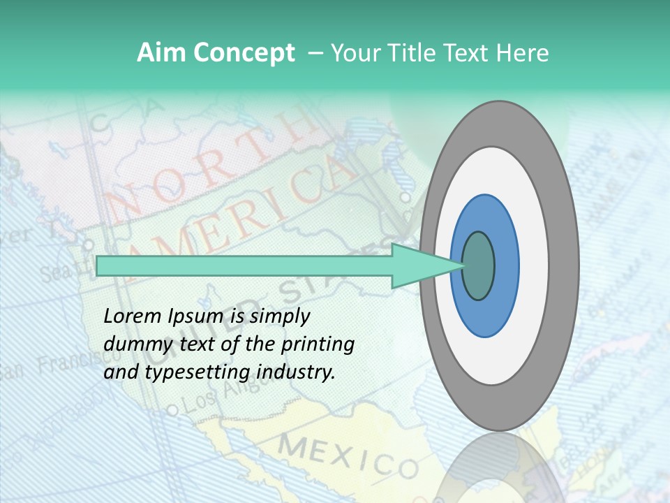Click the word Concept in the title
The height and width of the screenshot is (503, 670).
tap(244, 53)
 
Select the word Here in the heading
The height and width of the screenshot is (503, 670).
tap(522, 53)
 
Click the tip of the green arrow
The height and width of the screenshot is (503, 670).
tap(463, 265)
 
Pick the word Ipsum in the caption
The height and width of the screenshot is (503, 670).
tap(195, 317)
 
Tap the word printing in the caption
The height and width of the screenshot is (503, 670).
tap(318, 344)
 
